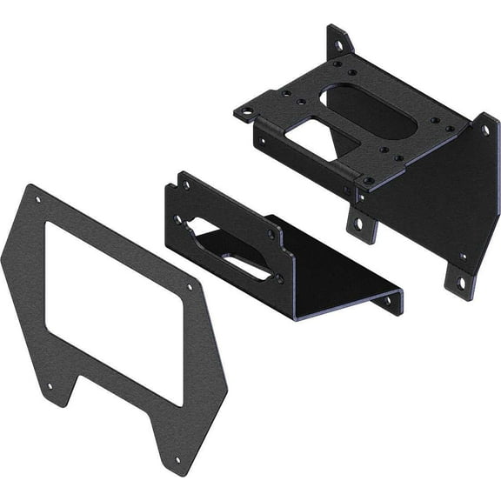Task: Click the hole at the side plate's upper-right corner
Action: click(x=485, y=130)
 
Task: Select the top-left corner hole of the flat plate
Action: click(x=37, y=200)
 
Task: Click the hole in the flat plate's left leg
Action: click(x=50, y=385)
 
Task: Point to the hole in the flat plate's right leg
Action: click(x=178, y=459)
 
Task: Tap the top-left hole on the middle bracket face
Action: click(x=185, y=185)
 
